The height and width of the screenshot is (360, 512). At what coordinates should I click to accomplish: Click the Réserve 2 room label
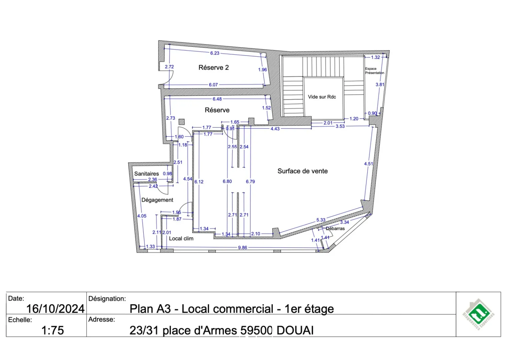[x=213, y=68]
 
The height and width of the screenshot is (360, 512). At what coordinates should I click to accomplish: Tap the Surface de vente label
[x=302, y=171]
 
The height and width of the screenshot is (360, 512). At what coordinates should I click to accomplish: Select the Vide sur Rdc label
[x=322, y=97]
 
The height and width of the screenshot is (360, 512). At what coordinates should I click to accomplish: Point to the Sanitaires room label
[x=146, y=174]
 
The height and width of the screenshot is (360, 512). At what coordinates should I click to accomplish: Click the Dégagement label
[x=157, y=200]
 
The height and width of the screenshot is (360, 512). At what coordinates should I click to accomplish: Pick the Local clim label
[x=181, y=239]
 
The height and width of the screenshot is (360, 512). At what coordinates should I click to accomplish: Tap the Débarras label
[x=335, y=229]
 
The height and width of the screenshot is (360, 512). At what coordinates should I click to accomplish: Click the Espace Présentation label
[x=374, y=71]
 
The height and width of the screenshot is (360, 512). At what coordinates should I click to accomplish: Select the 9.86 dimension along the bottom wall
[x=242, y=248]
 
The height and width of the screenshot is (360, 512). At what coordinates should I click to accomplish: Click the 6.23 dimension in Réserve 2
[x=215, y=53]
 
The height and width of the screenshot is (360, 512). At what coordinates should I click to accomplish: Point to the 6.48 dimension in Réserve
[x=217, y=99]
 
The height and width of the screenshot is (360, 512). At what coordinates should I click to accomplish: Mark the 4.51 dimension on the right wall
[x=368, y=164]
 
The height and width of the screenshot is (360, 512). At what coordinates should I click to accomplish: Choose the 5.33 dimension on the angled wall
[x=321, y=220]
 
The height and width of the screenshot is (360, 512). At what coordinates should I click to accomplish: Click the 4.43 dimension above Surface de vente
[x=275, y=129]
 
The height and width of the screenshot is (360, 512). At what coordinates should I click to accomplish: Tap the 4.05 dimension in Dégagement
[x=142, y=216]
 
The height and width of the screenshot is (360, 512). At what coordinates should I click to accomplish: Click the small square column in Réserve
[x=182, y=122]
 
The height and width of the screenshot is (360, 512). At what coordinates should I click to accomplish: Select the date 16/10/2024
[x=55, y=309]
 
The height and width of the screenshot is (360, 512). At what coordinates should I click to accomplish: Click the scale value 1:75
[x=52, y=330]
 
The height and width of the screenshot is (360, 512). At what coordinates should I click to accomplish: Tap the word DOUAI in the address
[x=295, y=330]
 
